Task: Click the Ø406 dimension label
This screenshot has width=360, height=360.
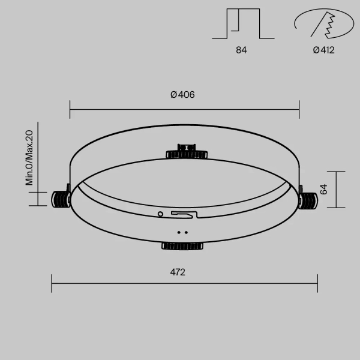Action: point(182,95)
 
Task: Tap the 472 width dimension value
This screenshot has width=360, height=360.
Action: point(178,272)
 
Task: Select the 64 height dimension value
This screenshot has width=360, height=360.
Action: point(323,190)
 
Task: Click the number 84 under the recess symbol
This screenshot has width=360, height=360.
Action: point(241,50)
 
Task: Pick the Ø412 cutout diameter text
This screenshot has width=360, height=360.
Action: point(323,50)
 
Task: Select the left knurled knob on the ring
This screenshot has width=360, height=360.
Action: point(61,199)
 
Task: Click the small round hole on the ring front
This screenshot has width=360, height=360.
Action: point(160,213)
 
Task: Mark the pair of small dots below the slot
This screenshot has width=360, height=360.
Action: point(183,232)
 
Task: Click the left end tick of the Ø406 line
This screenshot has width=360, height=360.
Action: point(70,110)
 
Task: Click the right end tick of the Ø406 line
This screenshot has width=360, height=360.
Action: point(299,110)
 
